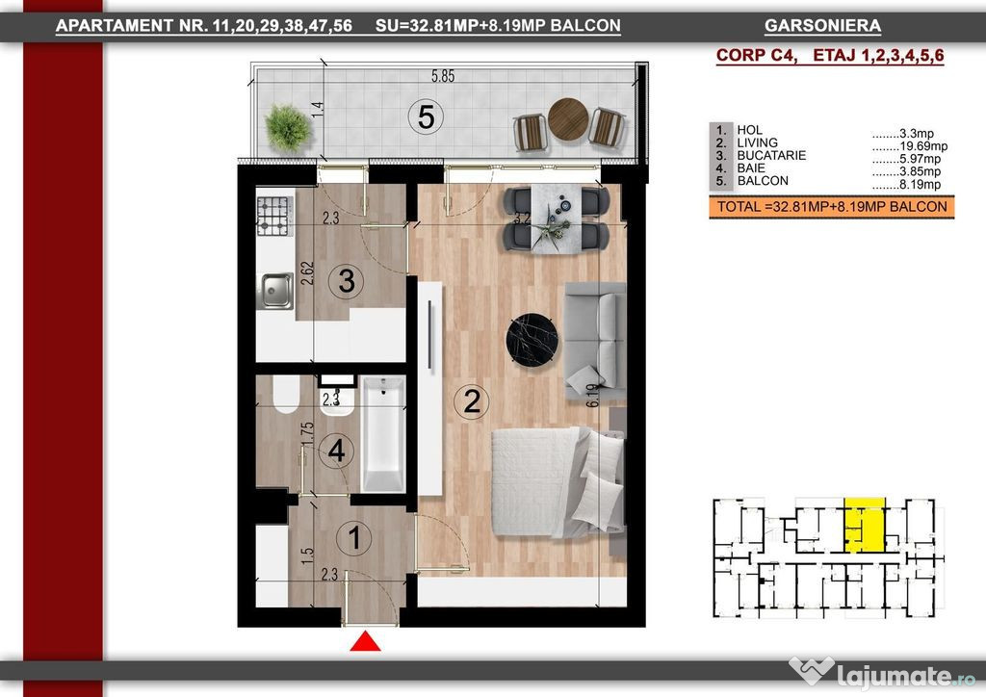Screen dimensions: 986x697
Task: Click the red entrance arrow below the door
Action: point(365,642)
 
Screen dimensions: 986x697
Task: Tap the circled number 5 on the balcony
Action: point(426,116)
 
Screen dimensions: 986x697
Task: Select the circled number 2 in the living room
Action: point(472,401)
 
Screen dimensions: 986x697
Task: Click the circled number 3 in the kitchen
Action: point(347,281)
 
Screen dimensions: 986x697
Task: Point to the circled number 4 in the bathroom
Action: point(336,451)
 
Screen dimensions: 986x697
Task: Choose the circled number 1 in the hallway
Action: point(354,537)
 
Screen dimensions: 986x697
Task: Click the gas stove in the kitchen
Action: point(274,216)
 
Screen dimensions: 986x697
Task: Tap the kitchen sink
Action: point(277,291)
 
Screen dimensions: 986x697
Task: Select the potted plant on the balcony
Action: point(288,128)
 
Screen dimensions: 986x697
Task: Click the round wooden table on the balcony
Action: point(568,118)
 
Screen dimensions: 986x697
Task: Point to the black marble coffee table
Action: point(532,340)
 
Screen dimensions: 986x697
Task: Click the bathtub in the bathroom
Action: point(383,433)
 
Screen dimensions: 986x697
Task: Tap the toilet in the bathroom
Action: point(286,394)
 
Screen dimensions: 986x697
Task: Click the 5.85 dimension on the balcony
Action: point(443,76)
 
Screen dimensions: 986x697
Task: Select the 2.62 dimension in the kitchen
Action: point(307,273)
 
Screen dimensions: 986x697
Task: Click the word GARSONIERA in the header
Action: point(822,26)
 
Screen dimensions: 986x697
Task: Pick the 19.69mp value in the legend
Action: point(922,146)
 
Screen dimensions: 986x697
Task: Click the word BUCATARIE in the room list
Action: point(771,155)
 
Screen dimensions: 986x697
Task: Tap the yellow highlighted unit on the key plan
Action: point(864,525)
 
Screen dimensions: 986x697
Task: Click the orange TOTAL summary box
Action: point(831,207)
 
